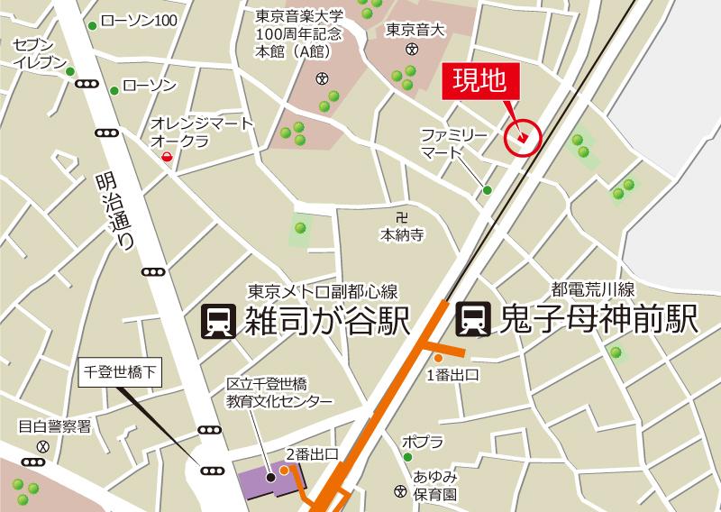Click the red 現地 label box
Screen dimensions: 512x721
pyautogui.click(x=479, y=81)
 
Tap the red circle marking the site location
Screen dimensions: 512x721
pyautogui.click(x=522, y=138)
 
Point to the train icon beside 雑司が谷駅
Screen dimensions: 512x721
pyautogui.click(x=217, y=320)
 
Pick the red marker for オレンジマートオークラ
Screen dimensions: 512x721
pyautogui.click(x=167, y=159)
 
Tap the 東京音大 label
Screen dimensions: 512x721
pyautogui.click(x=415, y=30)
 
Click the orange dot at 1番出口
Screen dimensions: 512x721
pyautogui.click(x=439, y=358)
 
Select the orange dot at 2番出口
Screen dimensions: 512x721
pyautogui.click(x=284, y=469)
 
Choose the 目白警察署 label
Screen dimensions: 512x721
pyautogui.click(x=55, y=426)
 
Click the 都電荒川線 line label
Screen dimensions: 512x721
pyautogui.click(x=594, y=290)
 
